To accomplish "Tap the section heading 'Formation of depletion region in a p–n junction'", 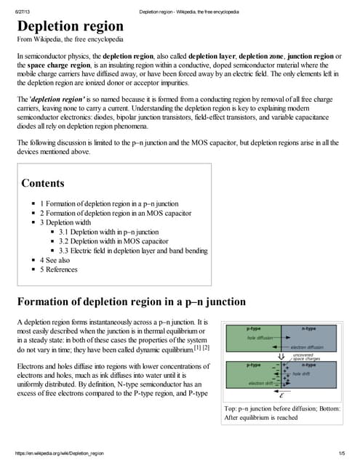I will (x=131, y=302).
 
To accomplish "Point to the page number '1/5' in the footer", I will (x=343, y=453).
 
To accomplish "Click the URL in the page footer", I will (x=62, y=453).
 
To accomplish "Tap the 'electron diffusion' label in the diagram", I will (x=306, y=347).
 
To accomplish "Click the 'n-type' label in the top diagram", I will (x=308, y=329).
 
